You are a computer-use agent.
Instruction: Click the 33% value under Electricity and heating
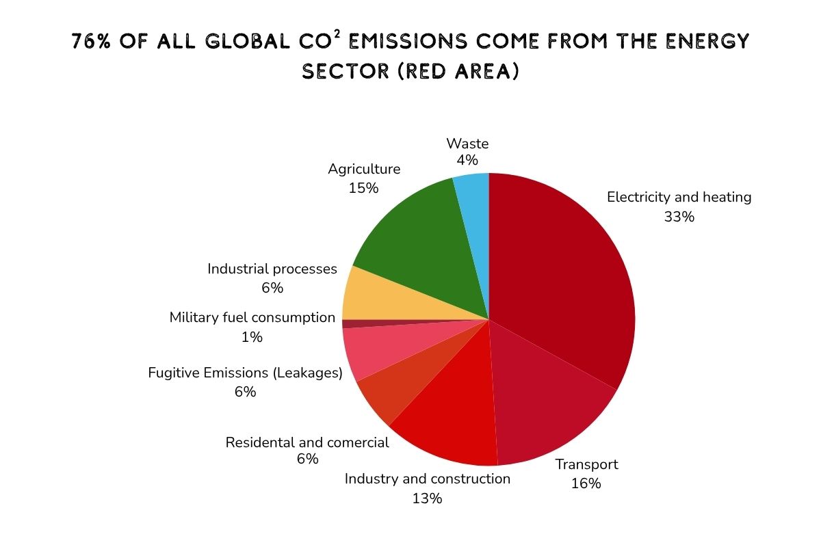click(679, 217)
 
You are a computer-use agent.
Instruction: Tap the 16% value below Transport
click(586, 483)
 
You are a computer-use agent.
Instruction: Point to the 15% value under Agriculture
click(363, 188)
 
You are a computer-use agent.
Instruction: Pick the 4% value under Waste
click(467, 160)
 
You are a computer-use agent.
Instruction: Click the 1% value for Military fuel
click(252, 337)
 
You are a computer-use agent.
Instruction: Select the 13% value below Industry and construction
click(427, 498)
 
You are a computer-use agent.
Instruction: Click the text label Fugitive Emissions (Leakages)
click(245, 373)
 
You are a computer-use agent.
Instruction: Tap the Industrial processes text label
click(272, 269)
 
